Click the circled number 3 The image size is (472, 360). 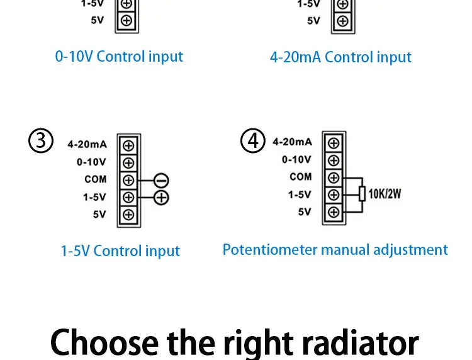click(x=41, y=140)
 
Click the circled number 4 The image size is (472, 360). click(x=253, y=140)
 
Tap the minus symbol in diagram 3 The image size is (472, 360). click(x=161, y=181)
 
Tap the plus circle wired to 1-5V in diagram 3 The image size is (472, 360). click(x=161, y=198)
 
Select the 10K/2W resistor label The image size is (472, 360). click(x=385, y=194)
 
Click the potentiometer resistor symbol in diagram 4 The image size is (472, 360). click(x=362, y=194)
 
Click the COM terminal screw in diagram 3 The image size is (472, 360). click(x=128, y=181)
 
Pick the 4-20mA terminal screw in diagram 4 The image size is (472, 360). click(x=334, y=143)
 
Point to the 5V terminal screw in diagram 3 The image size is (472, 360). click(x=128, y=215)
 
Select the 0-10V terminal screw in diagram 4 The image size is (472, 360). click(x=334, y=160)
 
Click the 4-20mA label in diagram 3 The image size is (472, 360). click(x=87, y=145)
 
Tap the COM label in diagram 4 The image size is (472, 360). click(x=300, y=177)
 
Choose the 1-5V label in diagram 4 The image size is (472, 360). click(x=300, y=194)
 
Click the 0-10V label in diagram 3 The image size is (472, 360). click(x=91, y=162)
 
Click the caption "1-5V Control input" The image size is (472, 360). click(x=120, y=250)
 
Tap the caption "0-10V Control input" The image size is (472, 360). click(x=119, y=57)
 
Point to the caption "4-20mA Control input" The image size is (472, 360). click(x=340, y=57)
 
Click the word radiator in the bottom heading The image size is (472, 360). click(x=361, y=342)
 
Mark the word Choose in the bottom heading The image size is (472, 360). click(x=104, y=342)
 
